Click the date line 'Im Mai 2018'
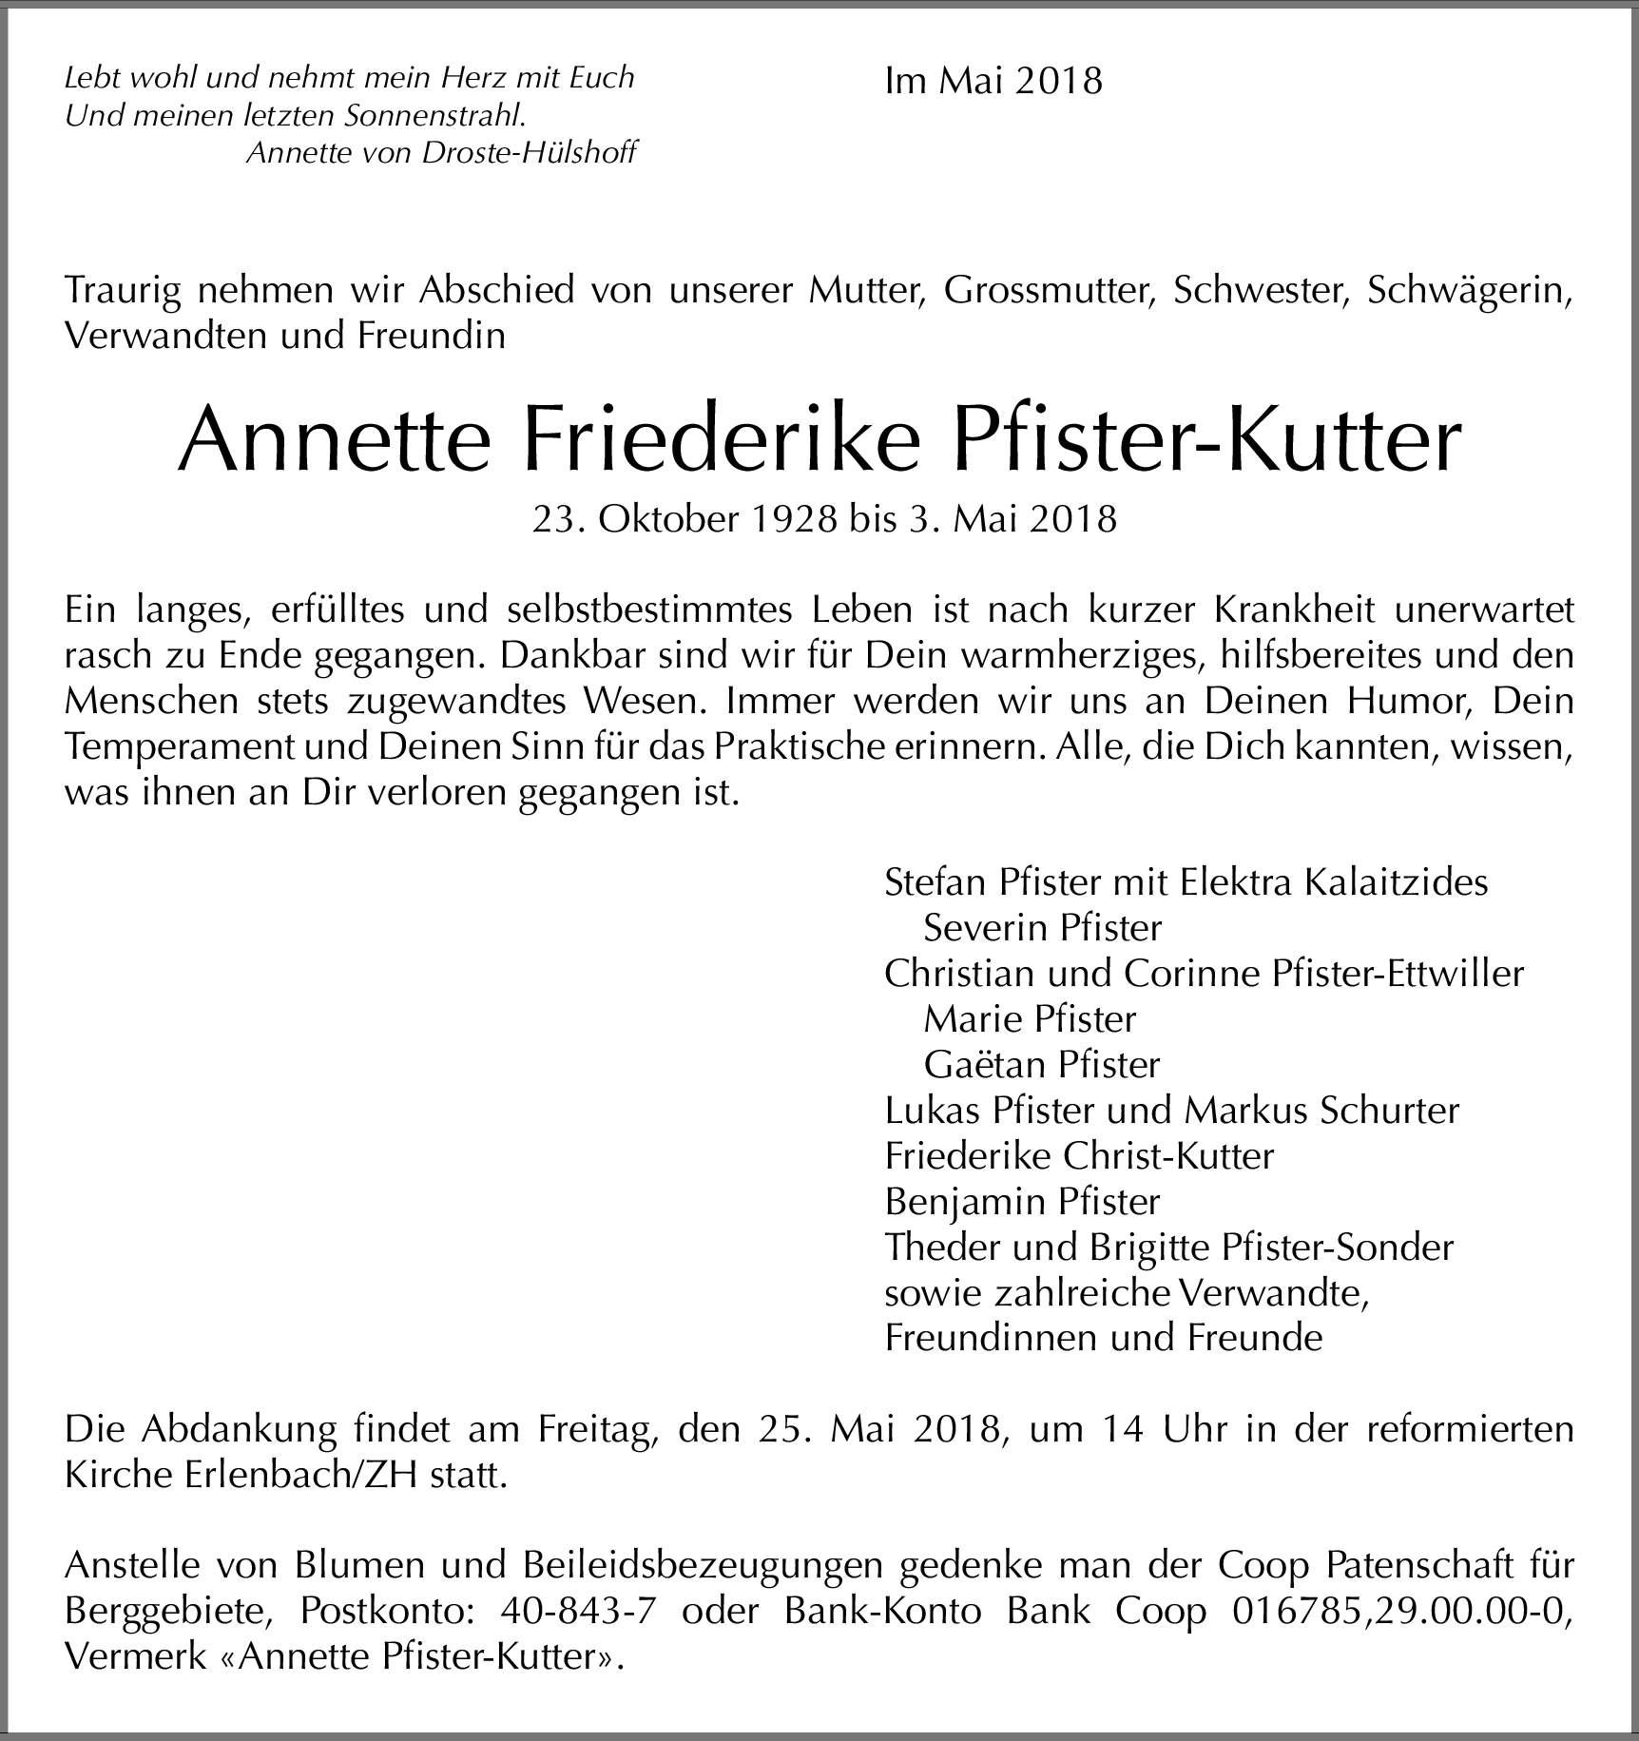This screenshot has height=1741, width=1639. pos(993,81)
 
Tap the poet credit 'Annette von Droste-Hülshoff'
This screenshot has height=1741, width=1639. pos(441,152)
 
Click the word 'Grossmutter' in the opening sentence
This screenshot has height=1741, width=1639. pos(1049,290)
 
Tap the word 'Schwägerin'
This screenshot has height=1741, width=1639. pos(1469,290)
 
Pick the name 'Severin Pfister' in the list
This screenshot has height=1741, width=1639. pos(1042,927)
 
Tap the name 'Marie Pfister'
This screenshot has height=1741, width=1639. pos(1030,1018)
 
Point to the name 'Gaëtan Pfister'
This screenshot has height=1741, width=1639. pos(1042,1064)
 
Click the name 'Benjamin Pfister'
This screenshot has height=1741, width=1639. pos(1022,1201)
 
